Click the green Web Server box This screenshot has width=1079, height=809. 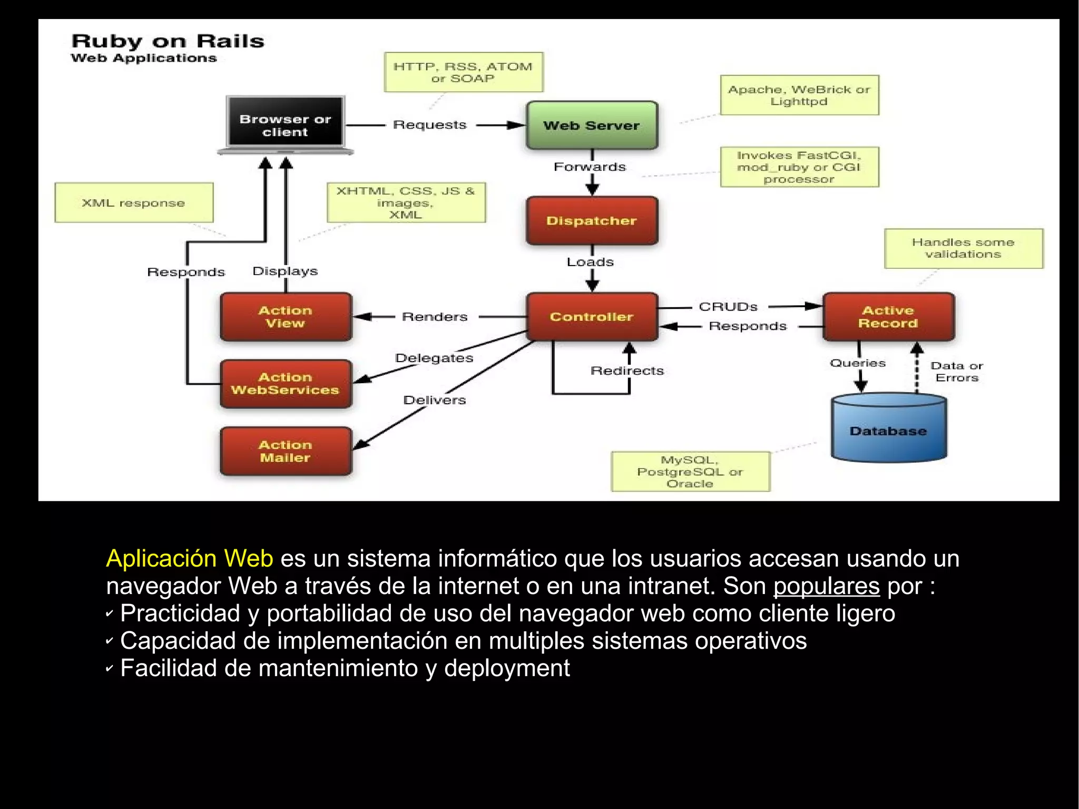[x=592, y=125]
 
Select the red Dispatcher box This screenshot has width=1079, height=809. [x=592, y=221]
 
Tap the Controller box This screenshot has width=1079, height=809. [x=592, y=317]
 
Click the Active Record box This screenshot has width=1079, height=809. [x=888, y=317]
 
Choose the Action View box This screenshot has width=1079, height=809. [x=286, y=317]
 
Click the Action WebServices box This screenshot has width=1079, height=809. [x=286, y=384]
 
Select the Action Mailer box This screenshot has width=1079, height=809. [x=286, y=451]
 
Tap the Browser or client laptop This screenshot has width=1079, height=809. [x=285, y=125]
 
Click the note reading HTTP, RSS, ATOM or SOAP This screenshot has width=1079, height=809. [x=463, y=72]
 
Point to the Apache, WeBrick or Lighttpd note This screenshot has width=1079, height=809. [x=799, y=95]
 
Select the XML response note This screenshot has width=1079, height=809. [x=134, y=203]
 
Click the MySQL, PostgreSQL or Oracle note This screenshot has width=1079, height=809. [x=690, y=472]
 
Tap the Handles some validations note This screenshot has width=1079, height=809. [x=963, y=248]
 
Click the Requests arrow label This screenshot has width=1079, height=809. [x=430, y=125]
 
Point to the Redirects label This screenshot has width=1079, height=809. [x=627, y=371]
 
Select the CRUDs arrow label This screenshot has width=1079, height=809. [x=728, y=307]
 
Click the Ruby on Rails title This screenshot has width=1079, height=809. [x=168, y=42]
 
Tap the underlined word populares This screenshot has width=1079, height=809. [x=826, y=586]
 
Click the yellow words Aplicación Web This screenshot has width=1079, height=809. [x=190, y=559]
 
